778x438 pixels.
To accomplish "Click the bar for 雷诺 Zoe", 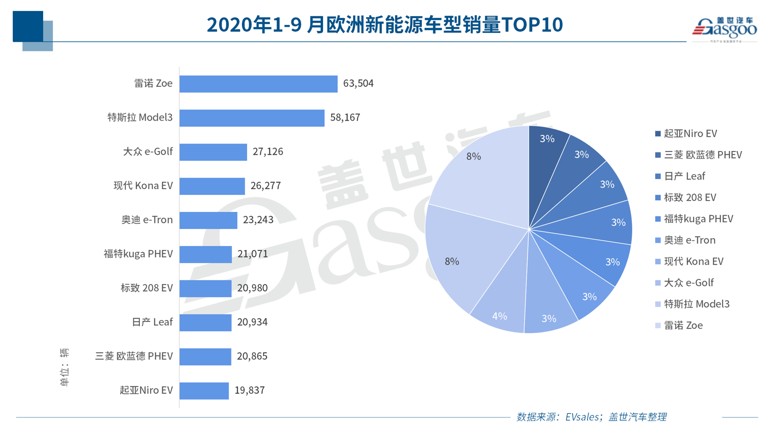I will [x=258, y=84].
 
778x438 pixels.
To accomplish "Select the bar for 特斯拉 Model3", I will [x=251, y=118].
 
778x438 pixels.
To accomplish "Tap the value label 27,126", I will [x=268, y=152].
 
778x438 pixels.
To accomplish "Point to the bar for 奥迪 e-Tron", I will [x=208, y=220].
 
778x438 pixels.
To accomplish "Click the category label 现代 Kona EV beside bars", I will [x=143, y=186].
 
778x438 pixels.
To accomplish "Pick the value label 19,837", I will [x=250, y=390].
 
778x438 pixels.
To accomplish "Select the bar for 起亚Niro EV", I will [x=204, y=390].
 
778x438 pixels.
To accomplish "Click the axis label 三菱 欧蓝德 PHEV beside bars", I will [x=134, y=356].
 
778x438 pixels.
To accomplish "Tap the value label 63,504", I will [x=358, y=84].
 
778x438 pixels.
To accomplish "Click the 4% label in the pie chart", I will [x=500, y=316].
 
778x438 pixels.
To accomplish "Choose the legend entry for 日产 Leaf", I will [x=684, y=176].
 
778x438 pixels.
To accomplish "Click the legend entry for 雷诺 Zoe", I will [x=683, y=325].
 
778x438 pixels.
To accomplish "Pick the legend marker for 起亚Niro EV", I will [x=658, y=134].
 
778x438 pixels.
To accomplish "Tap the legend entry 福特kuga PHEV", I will [x=698, y=219].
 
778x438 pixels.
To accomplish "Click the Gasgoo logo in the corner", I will [x=724, y=29].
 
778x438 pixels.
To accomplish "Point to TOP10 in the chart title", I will [x=532, y=25].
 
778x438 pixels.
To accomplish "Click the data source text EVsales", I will [x=582, y=417].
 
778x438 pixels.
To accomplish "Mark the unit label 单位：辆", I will [x=65, y=367].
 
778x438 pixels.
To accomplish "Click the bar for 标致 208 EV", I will [x=205, y=288].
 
